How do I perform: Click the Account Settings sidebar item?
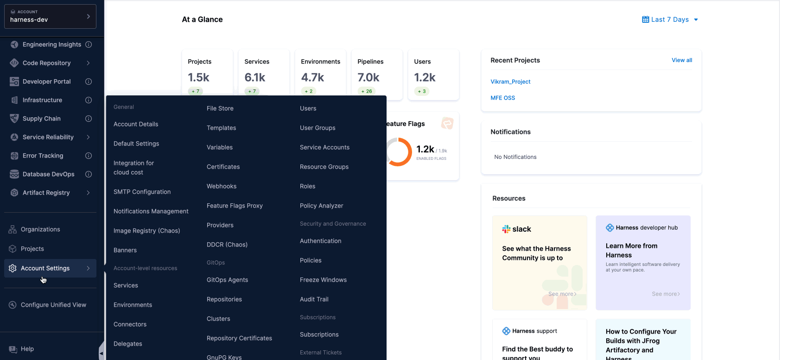45,268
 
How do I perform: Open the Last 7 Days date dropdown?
670,19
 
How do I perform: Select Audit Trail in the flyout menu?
314,299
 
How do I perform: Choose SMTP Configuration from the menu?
142,192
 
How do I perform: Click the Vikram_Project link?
510,82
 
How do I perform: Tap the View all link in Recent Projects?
682,60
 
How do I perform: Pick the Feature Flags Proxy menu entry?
235,206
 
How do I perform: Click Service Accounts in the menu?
324,147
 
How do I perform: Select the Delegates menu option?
128,344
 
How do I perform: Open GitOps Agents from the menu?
227,280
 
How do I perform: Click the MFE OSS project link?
502,98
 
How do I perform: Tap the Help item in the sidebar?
27,349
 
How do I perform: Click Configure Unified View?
53,305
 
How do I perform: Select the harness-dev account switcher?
50,17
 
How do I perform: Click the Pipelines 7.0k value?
368,77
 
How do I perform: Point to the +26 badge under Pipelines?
367,91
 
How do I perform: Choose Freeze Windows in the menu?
323,280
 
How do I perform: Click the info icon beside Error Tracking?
89,156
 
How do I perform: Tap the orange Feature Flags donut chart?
398,152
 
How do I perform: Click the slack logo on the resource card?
516,229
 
